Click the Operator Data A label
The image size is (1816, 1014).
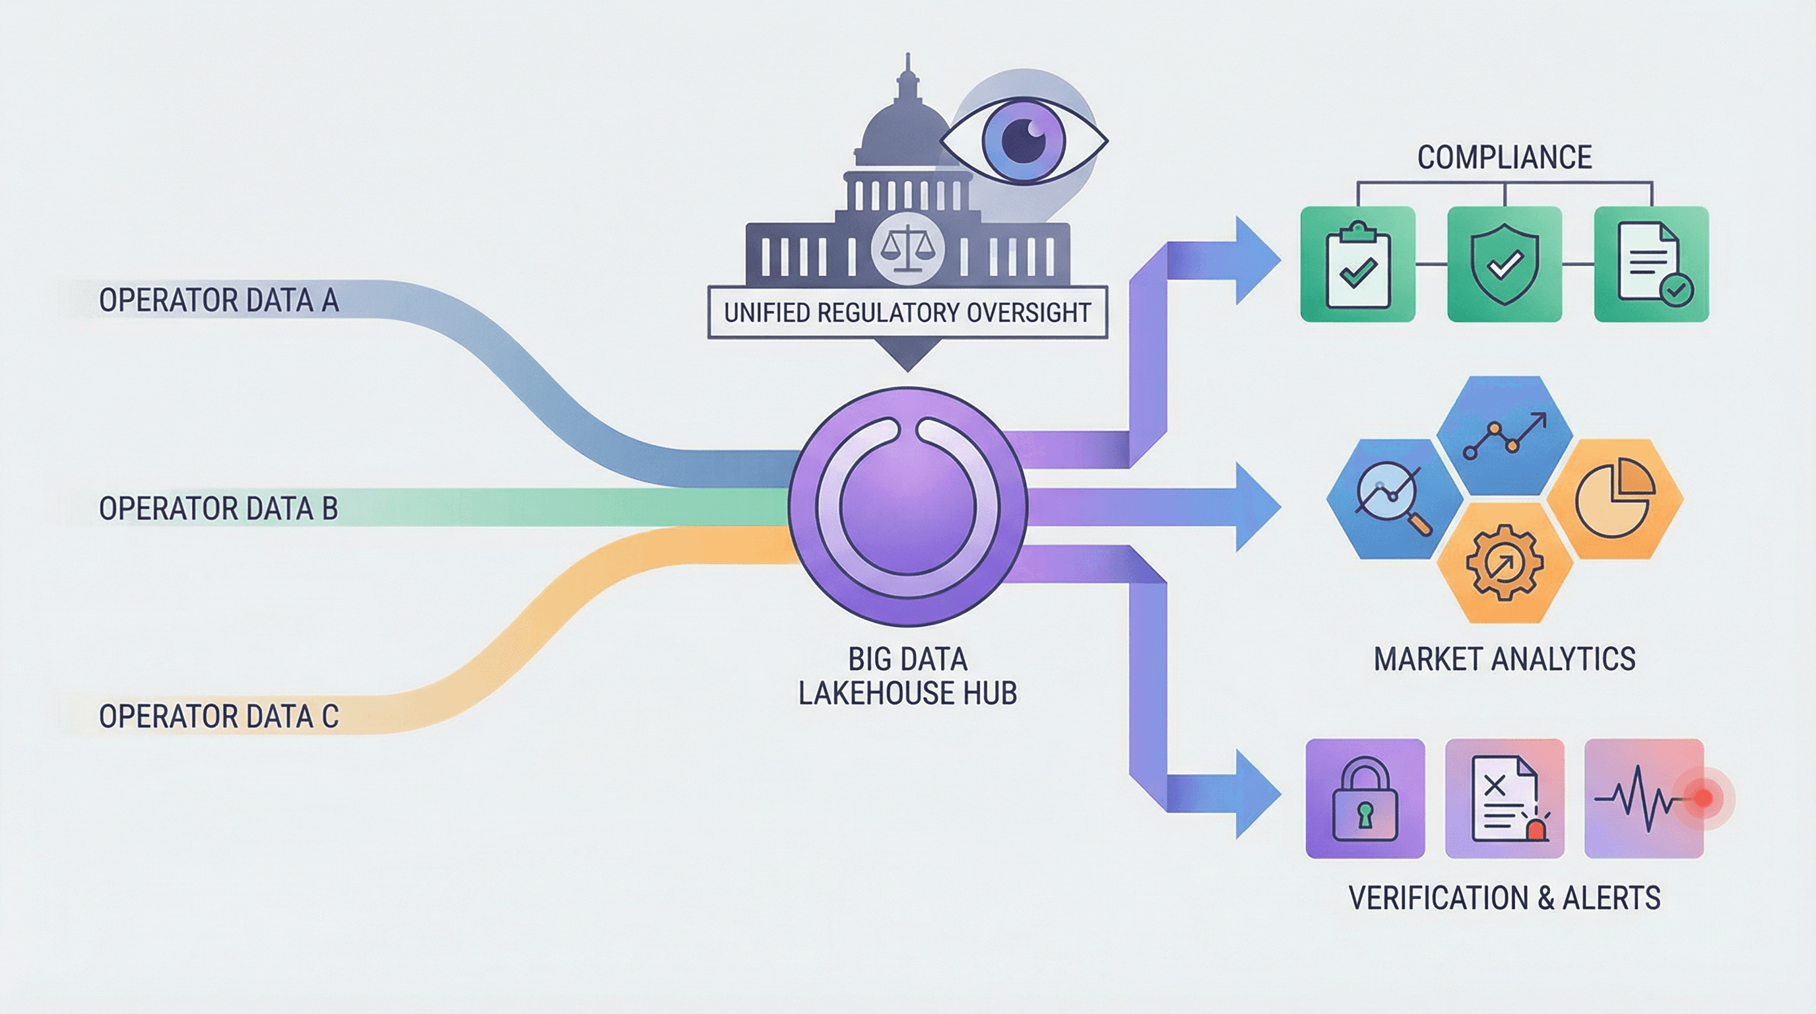tap(218, 300)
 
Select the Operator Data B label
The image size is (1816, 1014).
tap(218, 508)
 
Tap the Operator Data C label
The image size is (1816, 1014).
tap(218, 716)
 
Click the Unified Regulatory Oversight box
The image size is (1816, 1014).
tap(907, 312)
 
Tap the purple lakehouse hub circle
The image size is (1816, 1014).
tap(907, 506)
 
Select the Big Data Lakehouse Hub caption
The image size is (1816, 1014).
tap(907, 676)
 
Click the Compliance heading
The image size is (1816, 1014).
tap(1505, 157)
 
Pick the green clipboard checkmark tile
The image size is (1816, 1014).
tap(1358, 265)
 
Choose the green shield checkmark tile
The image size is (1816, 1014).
tap(1505, 265)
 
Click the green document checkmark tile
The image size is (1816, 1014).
tap(1651, 265)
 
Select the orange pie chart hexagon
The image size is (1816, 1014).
tap(1614, 499)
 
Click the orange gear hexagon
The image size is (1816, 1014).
tap(1505, 562)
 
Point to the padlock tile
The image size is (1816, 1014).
tap(1365, 798)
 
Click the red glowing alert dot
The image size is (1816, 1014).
tap(1702, 798)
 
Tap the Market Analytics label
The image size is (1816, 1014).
tap(1505, 659)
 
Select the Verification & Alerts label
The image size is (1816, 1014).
tap(1505, 898)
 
